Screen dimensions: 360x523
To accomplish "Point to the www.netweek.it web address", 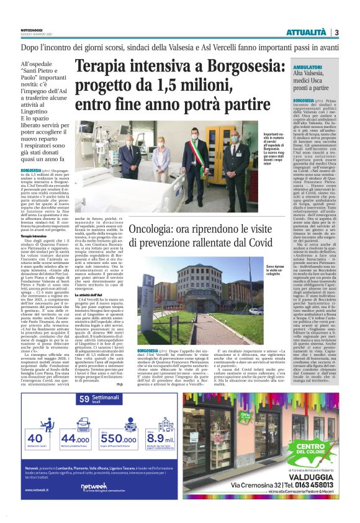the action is coord(36,489).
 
